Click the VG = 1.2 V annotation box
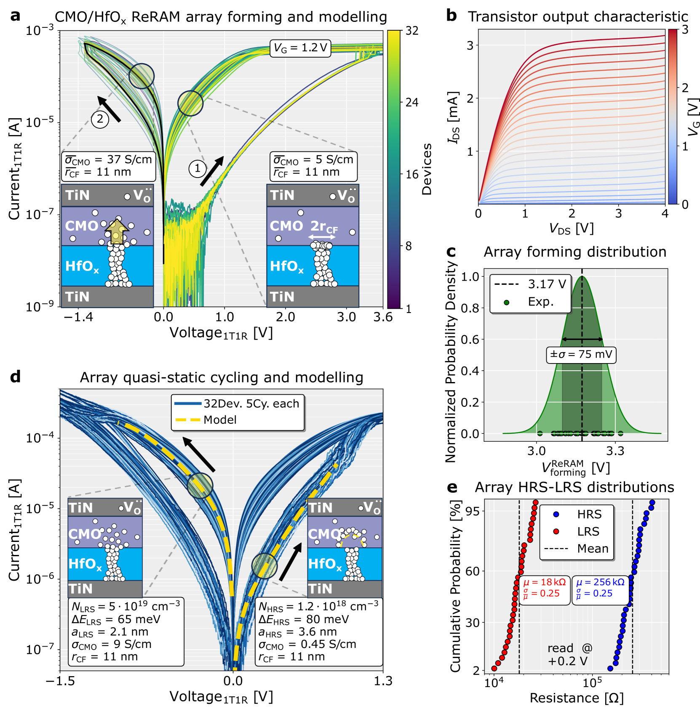point(300,48)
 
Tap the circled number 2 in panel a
point(100,119)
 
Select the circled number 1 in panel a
point(197,169)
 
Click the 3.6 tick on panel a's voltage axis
point(382,317)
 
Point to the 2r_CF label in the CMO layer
point(324,226)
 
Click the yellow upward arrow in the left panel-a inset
point(117,231)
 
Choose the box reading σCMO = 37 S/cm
point(108,166)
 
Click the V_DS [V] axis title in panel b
point(571,229)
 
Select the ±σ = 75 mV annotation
point(581,355)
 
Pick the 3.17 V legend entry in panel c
point(530,284)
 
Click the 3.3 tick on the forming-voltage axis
point(615,451)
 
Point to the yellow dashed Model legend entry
point(206,420)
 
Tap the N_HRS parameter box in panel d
point(318,632)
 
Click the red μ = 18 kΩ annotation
point(544,588)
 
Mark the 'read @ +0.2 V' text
point(569,654)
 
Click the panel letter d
point(15,377)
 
